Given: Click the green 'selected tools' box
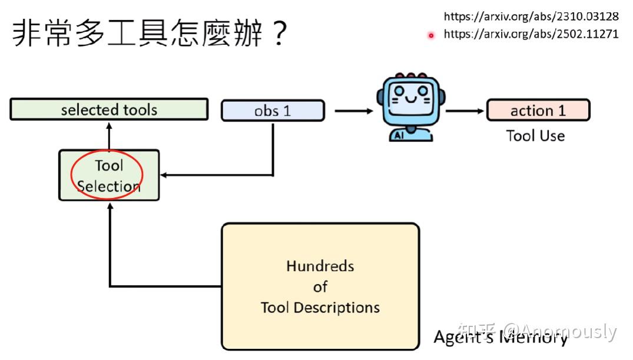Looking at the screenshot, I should tap(109, 110).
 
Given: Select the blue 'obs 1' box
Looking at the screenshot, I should tap(273, 111).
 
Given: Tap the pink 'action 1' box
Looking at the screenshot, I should tap(538, 110).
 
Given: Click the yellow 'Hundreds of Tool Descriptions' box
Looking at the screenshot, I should tap(320, 286).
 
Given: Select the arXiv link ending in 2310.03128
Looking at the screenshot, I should tap(531, 16).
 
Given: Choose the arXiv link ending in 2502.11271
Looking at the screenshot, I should tap(531, 34).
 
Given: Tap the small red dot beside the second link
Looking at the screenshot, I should tap(431, 35).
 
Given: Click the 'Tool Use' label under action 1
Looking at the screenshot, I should tap(535, 136).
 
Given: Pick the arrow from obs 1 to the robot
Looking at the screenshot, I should tap(353, 110).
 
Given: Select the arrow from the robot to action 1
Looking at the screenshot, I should tap(465, 110).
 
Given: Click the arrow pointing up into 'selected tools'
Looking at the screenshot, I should tap(109, 133).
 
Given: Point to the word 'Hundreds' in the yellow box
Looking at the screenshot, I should tap(320, 266).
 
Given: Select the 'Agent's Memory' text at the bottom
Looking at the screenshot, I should tap(501, 338).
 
